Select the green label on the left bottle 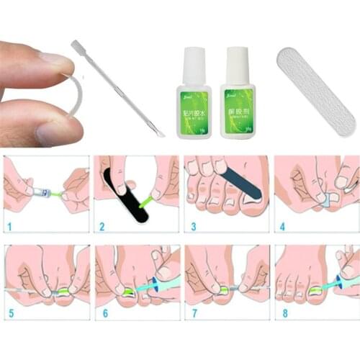click(194, 108)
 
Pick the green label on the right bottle click(238, 108)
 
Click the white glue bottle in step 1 click(40, 192)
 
